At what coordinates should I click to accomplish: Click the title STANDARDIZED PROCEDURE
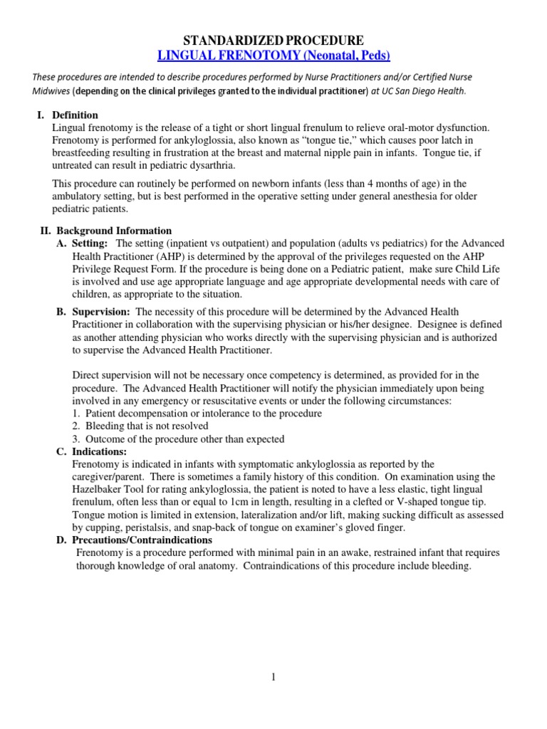coord(273,40)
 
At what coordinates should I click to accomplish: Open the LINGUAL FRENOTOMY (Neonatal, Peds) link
coord(273,56)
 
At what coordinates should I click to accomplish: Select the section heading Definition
coord(75,115)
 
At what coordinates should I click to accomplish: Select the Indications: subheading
coord(100,451)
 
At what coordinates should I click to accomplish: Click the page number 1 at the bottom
coord(273,676)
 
